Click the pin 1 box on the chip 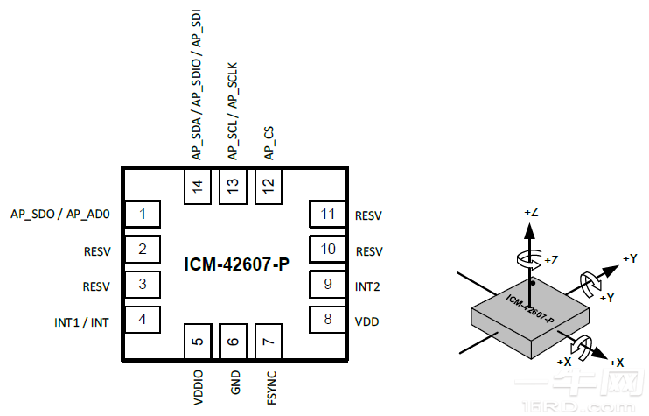tap(142, 214)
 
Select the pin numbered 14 tap(197, 186)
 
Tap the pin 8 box tap(327, 319)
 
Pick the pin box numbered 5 tap(198, 341)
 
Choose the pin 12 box tap(269, 186)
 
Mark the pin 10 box tap(327, 249)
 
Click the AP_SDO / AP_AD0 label tap(60, 215)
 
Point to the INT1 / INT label tap(81, 321)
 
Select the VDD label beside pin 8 tap(366, 321)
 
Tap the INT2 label tap(367, 286)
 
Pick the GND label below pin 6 tap(234, 382)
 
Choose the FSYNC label tap(269, 384)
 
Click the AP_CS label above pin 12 tap(269, 144)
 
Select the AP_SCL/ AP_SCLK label tap(234, 111)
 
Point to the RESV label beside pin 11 tap(369, 215)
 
